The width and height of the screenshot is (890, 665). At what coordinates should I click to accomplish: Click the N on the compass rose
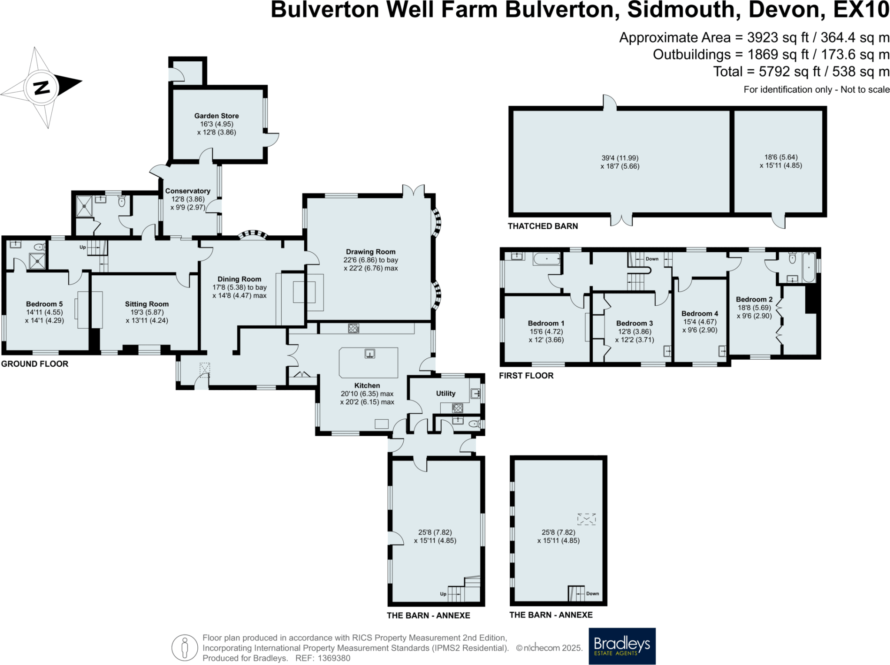[x=42, y=88]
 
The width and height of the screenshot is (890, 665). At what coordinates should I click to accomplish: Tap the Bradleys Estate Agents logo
[x=622, y=645]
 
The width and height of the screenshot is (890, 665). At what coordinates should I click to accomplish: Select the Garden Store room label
[x=216, y=116]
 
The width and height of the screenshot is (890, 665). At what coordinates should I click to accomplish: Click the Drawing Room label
[x=371, y=251]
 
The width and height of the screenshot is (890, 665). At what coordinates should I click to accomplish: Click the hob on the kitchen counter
[x=353, y=328]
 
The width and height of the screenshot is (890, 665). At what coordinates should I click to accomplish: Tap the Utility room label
[x=445, y=393]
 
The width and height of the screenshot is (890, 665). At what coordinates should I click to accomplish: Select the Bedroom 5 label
[x=44, y=304]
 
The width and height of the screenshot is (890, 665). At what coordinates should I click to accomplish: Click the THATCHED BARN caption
[x=543, y=226]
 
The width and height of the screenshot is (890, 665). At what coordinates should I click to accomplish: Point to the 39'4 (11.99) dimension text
[x=620, y=158]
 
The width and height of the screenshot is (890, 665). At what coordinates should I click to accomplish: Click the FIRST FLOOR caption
[x=526, y=376]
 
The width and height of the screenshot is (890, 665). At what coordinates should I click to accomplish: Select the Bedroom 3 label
[x=634, y=323]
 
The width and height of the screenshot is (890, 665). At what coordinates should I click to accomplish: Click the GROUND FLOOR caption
[x=35, y=364]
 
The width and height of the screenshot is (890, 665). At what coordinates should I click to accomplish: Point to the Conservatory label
[x=188, y=191]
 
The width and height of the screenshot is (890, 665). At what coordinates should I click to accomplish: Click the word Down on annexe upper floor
[x=592, y=593]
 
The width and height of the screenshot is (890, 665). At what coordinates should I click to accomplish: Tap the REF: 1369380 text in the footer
[x=322, y=658]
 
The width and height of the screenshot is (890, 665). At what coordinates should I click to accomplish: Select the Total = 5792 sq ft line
[x=801, y=71]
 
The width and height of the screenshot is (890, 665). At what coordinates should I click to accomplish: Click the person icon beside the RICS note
[x=185, y=648]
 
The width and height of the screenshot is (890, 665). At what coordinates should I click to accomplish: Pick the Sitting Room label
[x=147, y=304]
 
